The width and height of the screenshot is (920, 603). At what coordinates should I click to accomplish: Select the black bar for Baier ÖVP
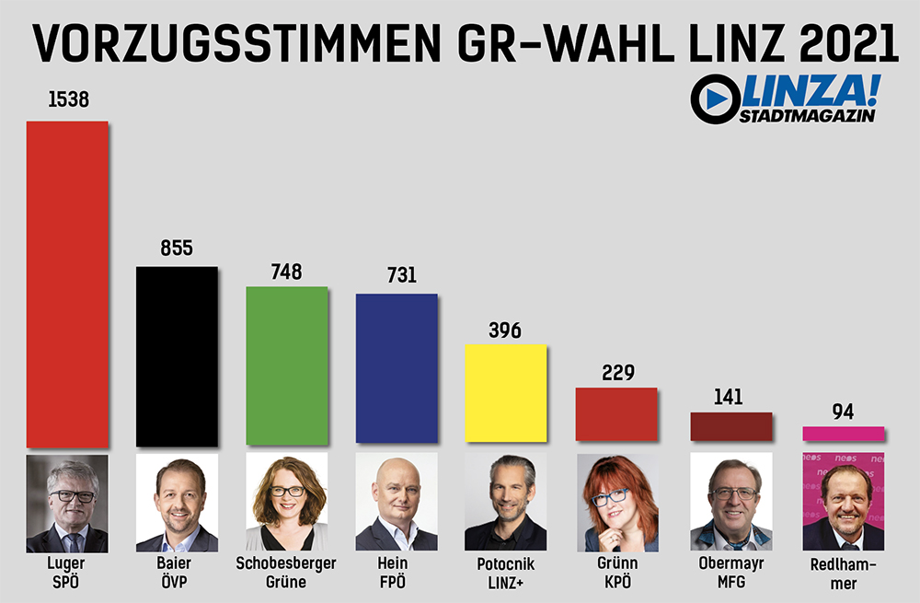coord(177,356)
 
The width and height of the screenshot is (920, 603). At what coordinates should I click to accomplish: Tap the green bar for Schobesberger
coord(286,366)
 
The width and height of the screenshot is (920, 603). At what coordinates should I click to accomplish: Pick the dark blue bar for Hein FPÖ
coord(397,368)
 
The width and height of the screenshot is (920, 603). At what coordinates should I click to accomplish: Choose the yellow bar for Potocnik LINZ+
coord(506,393)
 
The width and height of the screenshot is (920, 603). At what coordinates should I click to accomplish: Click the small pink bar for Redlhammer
coord(843,434)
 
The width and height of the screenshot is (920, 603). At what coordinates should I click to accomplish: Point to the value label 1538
coord(68,99)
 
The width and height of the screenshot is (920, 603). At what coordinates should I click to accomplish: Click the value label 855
coord(177,249)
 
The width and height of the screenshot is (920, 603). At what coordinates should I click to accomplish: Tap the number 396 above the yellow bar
coord(505,330)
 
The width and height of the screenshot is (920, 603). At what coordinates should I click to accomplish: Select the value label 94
coord(843,412)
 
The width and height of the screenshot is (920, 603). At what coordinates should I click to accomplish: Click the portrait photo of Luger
coord(67,503)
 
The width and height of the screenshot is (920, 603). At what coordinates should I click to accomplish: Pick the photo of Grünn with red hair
coord(616,503)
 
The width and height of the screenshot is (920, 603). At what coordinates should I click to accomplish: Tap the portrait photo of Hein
coord(397,503)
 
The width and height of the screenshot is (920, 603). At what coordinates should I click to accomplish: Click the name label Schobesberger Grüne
coord(286,572)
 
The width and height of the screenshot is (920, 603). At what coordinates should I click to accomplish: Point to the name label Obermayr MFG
coord(732,572)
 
